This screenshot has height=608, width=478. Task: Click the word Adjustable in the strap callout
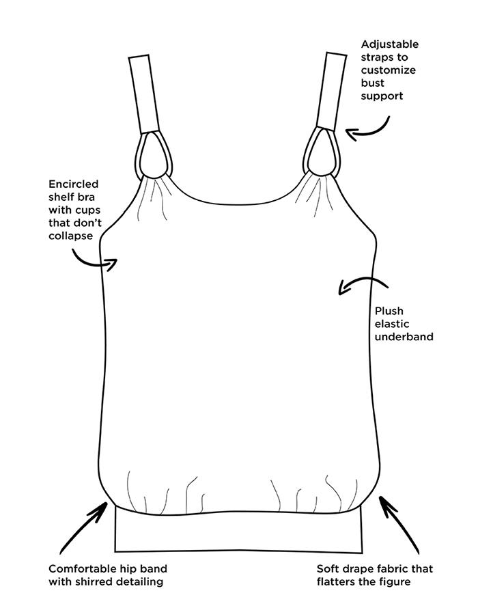point(390,45)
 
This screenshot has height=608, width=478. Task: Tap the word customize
point(388,70)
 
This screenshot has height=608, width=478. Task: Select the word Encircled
point(74,184)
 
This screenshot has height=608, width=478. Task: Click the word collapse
point(71,236)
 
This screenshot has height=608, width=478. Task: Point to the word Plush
point(389,311)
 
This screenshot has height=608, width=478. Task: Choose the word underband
point(404,337)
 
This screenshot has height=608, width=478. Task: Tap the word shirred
point(98,581)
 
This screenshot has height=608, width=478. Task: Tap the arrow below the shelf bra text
point(93,263)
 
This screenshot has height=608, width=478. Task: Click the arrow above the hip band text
point(83,528)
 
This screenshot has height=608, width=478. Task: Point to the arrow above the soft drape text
point(399,525)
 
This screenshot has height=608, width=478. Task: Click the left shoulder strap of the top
point(144,94)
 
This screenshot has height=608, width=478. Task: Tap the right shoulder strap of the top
point(331,92)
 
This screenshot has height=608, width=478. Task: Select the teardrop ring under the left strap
point(154,154)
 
